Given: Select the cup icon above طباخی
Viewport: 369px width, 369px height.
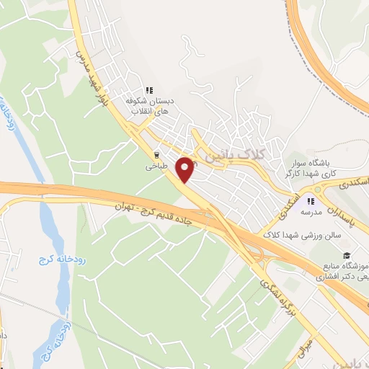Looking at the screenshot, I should click(x=156, y=154).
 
